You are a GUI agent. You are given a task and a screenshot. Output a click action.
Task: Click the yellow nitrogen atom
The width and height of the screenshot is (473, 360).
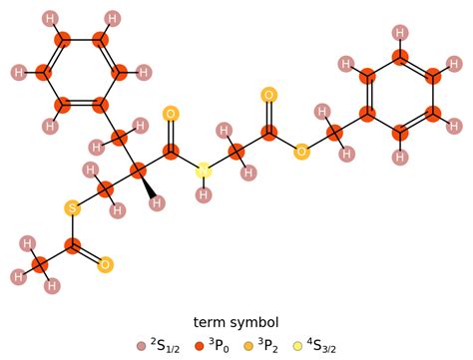(204, 171)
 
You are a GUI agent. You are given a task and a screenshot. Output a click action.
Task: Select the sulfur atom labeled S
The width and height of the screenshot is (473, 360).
(72, 208)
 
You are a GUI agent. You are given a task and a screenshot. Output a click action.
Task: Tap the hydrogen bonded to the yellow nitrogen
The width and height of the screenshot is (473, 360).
(204, 193)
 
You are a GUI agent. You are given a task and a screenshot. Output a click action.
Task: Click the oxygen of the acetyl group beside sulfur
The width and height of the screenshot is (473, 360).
(105, 264)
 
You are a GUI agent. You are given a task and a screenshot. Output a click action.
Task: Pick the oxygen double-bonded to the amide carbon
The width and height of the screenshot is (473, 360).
(171, 115)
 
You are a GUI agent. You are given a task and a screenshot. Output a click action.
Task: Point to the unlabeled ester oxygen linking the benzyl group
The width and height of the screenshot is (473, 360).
(301, 152)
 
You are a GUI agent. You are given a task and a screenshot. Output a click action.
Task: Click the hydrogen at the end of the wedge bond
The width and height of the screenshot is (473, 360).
(157, 202)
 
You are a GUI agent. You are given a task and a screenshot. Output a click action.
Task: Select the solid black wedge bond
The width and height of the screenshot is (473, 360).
(148, 187)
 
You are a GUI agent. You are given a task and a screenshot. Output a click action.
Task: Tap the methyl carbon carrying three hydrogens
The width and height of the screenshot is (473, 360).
(40, 264)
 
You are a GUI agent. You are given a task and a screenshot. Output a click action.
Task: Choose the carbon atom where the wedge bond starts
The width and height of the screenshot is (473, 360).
(138, 171)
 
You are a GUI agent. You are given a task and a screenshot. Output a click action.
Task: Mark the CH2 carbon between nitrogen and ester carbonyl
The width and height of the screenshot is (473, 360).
(236, 152)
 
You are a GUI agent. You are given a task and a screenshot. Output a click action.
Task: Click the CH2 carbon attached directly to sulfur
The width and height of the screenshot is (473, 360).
(105, 189)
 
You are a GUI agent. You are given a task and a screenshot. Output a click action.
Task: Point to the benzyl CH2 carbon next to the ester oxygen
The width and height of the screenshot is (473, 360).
(334, 133)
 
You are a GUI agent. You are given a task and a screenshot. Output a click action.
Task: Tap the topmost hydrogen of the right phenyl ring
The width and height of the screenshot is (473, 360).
(400, 33)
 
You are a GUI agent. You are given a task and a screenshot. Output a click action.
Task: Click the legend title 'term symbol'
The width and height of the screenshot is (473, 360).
(236, 322)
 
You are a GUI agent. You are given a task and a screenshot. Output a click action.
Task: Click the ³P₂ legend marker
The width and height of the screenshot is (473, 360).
(248, 346)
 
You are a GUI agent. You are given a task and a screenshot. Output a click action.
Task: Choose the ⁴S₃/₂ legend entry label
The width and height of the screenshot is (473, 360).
(321, 346)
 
